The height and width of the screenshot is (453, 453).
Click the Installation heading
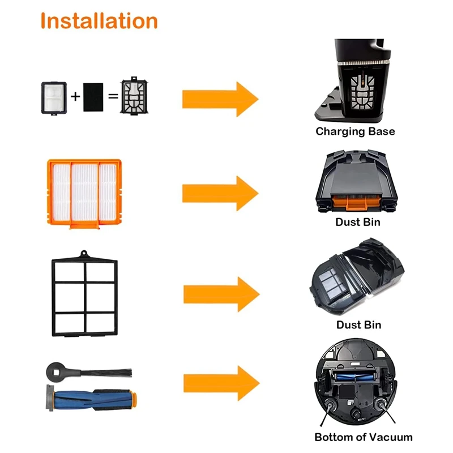(99, 21)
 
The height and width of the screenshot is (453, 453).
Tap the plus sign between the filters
(75, 96)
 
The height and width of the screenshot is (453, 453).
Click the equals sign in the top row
(113, 96)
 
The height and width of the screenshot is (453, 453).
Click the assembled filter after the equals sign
(134, 96)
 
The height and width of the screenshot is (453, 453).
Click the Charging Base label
(355, 131)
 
